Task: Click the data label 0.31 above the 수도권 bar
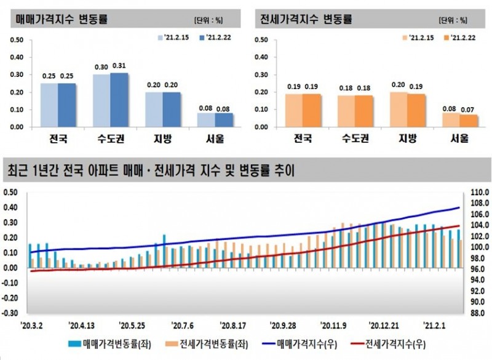119,66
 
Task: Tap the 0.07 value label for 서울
469,108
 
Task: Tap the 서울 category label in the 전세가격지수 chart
460,138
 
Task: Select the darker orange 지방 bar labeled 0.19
416,110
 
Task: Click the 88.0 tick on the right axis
479,313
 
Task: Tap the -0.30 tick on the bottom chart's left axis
10,313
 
